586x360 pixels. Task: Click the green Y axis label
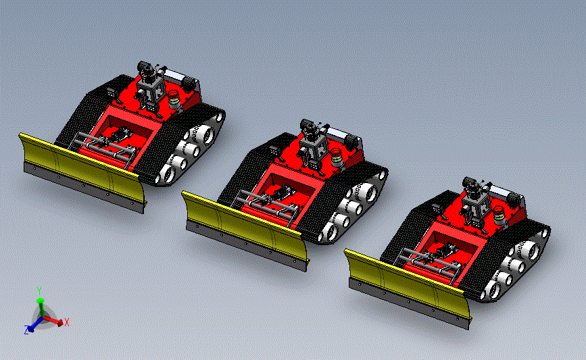point(39,291)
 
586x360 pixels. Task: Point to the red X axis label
point(67,322)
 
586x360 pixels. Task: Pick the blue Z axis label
point(26,330)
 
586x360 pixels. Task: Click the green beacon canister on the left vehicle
point(174,99)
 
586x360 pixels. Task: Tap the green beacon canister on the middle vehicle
point(337,157)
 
